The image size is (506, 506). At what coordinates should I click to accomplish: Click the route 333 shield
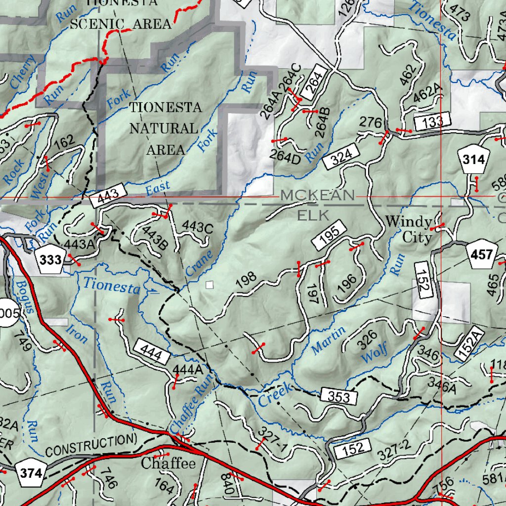(x=50, y=260)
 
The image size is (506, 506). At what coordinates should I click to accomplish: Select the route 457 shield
(x=482, y=255)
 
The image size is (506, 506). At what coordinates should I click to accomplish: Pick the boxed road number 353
(x=338, y=396)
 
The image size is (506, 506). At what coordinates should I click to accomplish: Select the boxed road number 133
(x=432, y=122)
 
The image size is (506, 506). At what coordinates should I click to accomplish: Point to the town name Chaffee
(x=168, y=464)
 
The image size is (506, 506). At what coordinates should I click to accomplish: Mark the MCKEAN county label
(x=317, y=196)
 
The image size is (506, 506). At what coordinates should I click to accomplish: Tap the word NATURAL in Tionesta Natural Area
(x=164, y=128)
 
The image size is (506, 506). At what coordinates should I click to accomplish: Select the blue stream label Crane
(x=199, y=264)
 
